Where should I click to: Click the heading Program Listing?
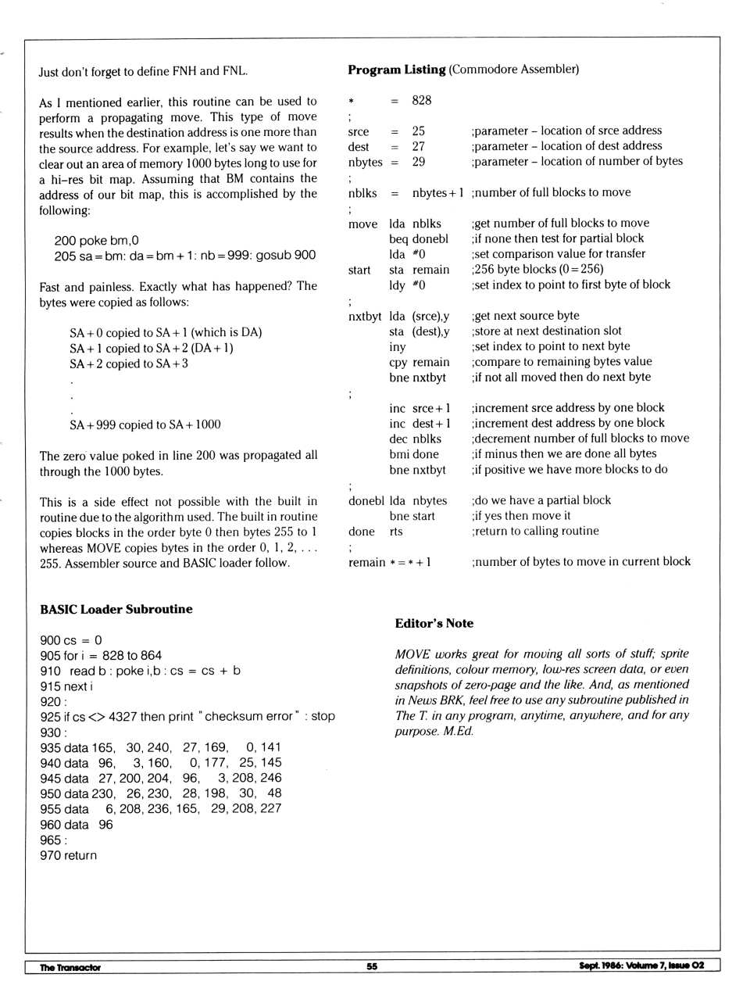pyautogui.click(x=396, y=70)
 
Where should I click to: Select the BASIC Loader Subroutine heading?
pyautogui.click(x=116, y=609)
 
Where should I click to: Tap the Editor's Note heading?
pyautogui.click(x=434, y=623)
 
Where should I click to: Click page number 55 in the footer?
pyautogui.click(x=372, y=966)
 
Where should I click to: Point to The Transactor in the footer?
pyautogui.click(x=70, y=967)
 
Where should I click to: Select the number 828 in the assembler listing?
pyautogui.click(x=421, y=100)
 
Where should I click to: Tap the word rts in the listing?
pyautogui.click(x=396, y=531)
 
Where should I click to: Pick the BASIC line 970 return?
pyautogui.click(x=69, y=855)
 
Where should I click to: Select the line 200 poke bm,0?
pyautogui.click(x=96, y=240)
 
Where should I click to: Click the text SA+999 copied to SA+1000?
pyautogui.click(x=145, y=424)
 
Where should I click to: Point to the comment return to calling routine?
pyautogui.click(x=535, y=531)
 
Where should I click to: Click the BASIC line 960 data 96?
pyautogui.click(x=77, y=824)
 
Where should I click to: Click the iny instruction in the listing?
pyautogui.click(x=398, y=346)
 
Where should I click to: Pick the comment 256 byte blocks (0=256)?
pyautogui.click(x=537, y=269)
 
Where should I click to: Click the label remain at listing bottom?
pyautogui.click(x=366, y=562)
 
